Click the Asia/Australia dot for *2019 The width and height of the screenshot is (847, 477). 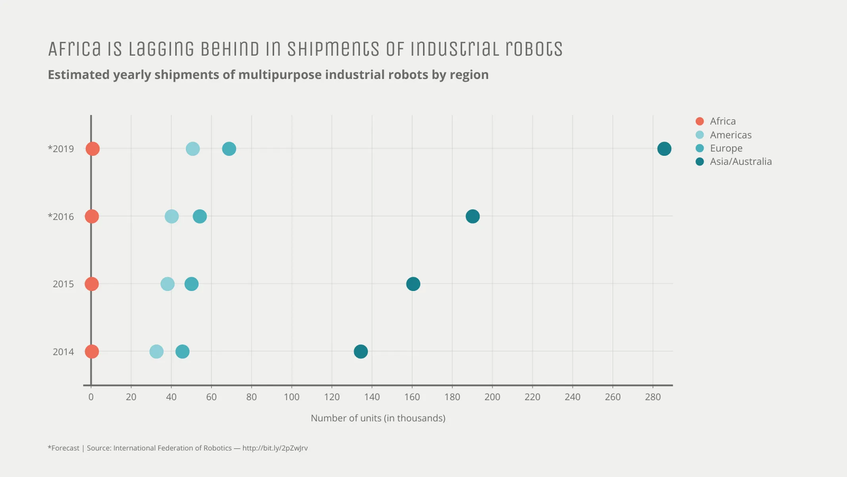[x=664, y=149]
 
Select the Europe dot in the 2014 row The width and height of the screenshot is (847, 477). [x=182, y=351]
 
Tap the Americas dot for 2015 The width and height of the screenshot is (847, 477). [x=167, y=284]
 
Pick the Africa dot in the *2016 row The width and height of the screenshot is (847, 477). [x=92, y=216]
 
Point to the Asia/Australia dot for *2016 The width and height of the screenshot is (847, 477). [x=472, y=216]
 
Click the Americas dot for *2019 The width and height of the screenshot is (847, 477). [x=193, y=149]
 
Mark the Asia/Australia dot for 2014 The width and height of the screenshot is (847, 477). [x=361, y=351]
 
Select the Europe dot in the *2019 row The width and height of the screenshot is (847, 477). [x=229, y=149]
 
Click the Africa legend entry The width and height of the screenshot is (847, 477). [x=722, y=121]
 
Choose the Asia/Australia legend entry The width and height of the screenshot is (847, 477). [x=740, y=161]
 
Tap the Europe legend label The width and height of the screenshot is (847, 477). [x=726, y=148]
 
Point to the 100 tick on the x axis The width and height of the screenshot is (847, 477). [x=291, y=397]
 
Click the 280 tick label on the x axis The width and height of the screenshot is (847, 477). [x=653, y=397]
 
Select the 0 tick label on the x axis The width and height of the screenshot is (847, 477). [x=91, y=397]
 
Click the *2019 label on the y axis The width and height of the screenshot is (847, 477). [x=61, y=149]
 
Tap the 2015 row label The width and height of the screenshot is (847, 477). [x=63, y=284]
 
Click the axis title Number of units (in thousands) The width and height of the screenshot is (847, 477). [x=378, y=418]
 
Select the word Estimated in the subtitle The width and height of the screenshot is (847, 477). [x=79, y=75]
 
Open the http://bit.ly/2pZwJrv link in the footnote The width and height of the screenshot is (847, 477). [x=275, y=448]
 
